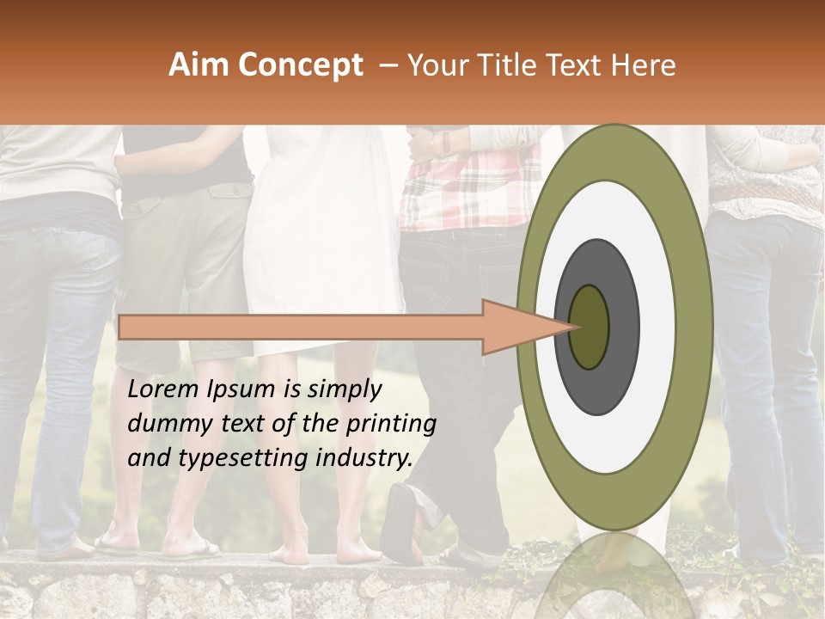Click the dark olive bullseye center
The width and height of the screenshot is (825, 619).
click(x=590, y=327)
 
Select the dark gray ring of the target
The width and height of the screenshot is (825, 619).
click(x=624, y=327)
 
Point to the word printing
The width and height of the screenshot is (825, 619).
click(x=391, y=425)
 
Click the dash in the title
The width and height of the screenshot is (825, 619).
click(x=388, y=65)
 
